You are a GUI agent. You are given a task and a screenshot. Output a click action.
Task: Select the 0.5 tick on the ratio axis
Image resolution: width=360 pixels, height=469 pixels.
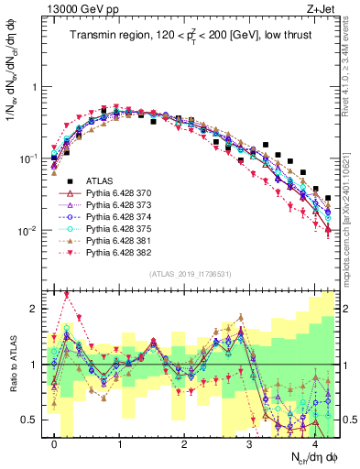pyautogui.click(x=29, y=420)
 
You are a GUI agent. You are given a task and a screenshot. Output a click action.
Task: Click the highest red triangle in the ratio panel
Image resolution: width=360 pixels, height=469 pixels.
pyautogui.click(x=67, y=295)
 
